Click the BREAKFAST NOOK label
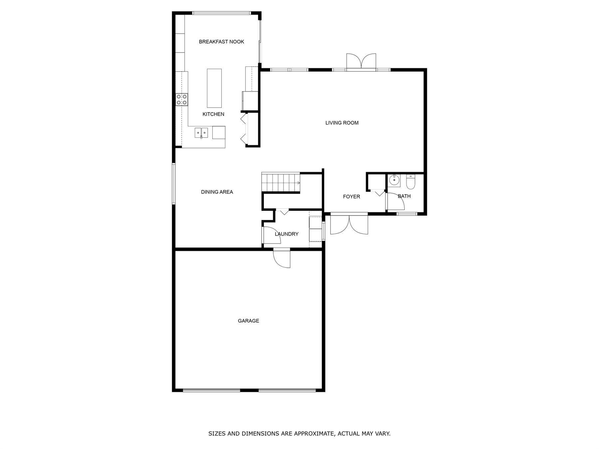221,42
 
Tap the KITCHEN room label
213,114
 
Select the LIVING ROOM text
342,123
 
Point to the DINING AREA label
217,192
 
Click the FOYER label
351,197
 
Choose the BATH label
404,196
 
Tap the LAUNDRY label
287,234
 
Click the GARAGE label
248,321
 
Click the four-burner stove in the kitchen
182,99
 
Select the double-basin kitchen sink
201,133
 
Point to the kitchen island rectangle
214,88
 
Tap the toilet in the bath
411,182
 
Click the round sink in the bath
395,180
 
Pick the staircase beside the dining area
281,182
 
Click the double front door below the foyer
349,224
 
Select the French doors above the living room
361,62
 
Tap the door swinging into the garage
282,258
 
